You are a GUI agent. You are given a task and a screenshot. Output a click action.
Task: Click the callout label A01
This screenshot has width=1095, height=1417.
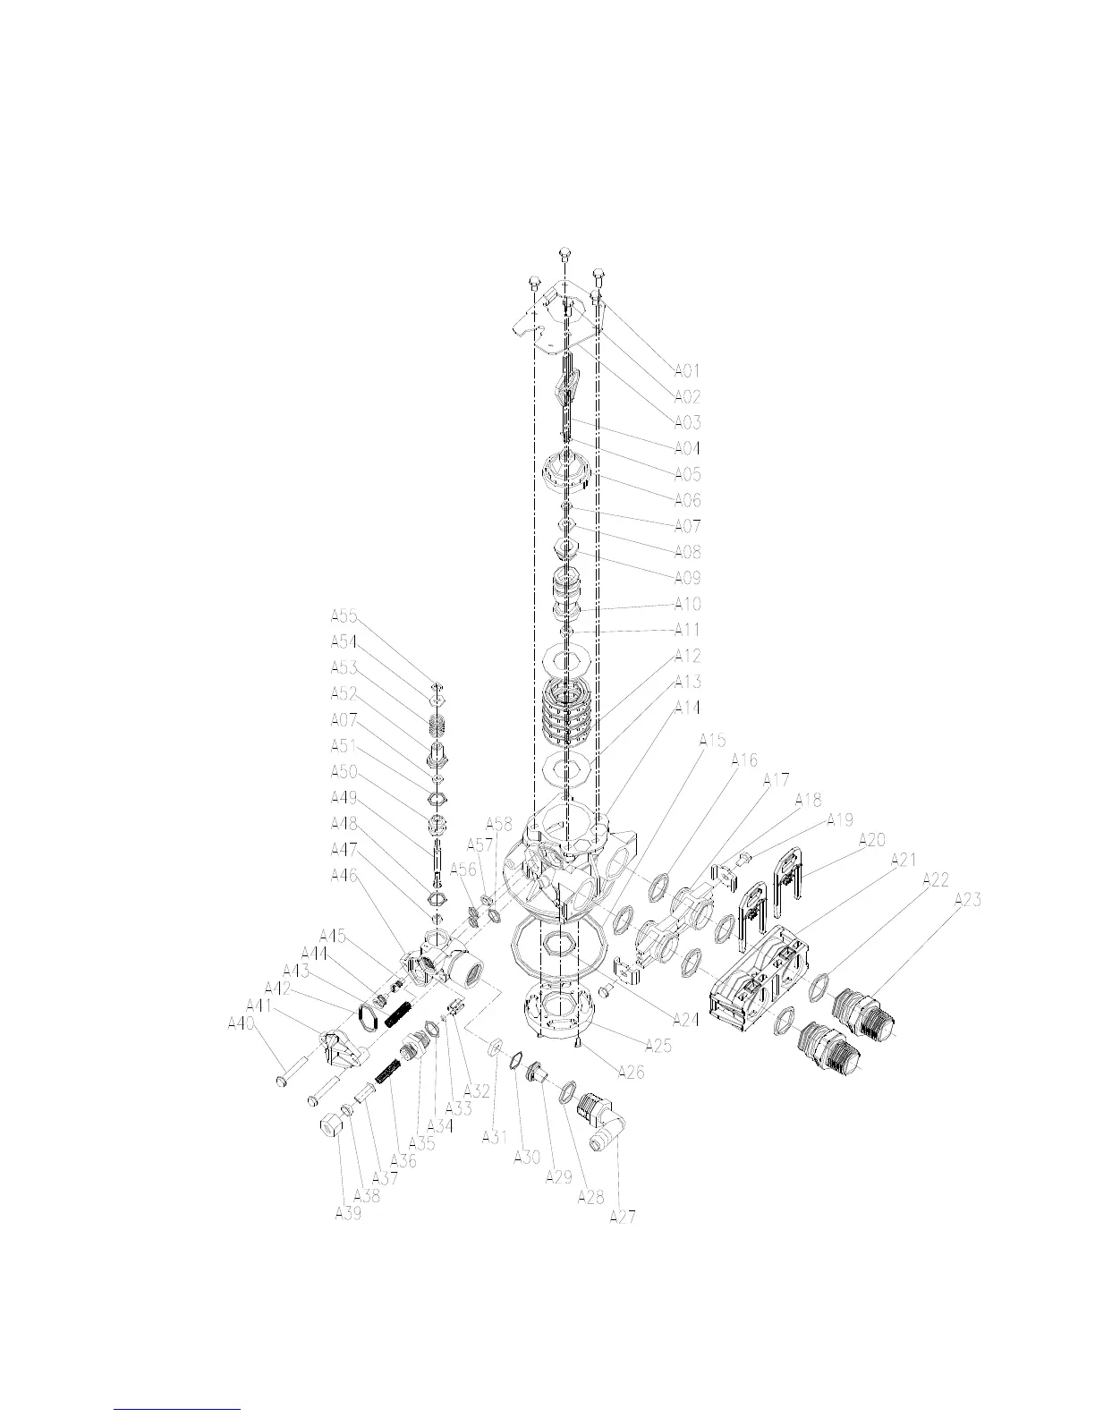(x=686, y=370)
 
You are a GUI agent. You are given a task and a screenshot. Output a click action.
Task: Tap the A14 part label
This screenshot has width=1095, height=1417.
(x=686, y=708)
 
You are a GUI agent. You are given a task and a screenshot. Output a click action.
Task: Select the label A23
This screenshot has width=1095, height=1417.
(x=967, y=901)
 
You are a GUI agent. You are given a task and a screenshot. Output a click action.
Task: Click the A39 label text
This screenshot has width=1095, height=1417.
(x=348, y=1213)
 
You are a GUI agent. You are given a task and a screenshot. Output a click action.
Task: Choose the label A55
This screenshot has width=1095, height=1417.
(x=344, y=615)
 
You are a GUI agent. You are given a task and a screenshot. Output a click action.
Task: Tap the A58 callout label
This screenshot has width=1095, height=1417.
(x=499, y=823)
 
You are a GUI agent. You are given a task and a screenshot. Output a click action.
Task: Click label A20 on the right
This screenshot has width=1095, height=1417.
(x=871, y=840)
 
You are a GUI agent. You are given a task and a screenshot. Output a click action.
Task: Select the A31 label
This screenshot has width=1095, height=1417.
(x=495, y=1136)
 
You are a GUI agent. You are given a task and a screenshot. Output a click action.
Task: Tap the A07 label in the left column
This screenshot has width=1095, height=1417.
(x=344, y=719)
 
